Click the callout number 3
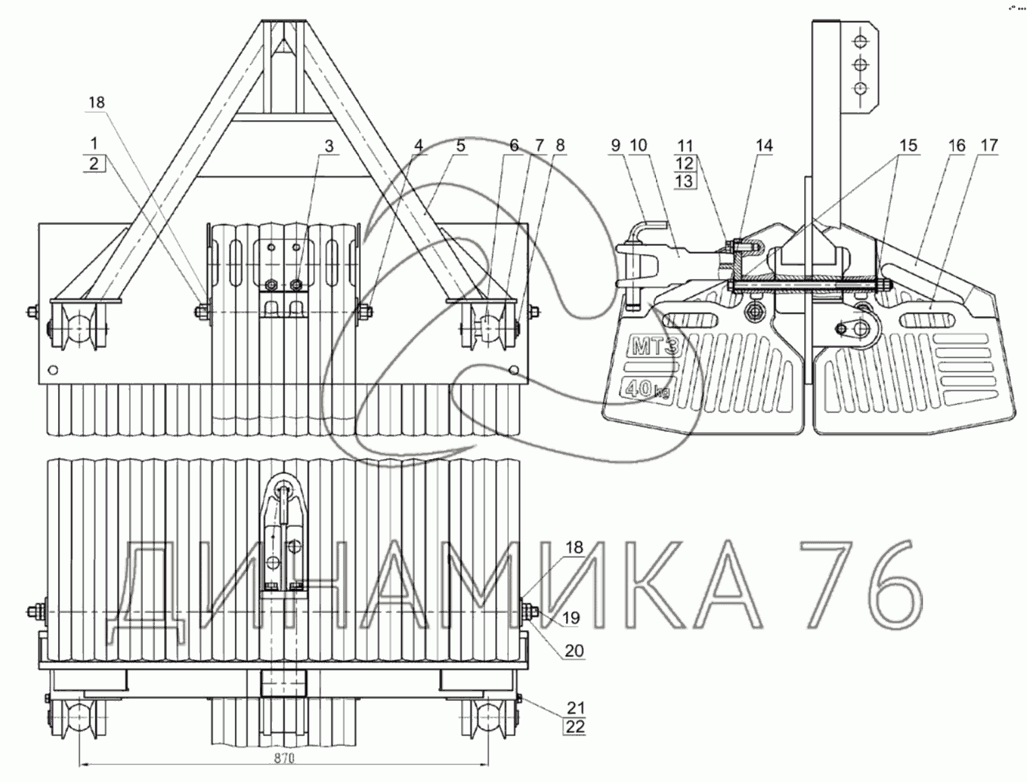coord(329,146)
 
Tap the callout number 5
coord(461,146)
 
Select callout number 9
coord(616,146)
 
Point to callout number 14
coord(764,146)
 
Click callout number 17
coord(989,146)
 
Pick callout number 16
coord(957,146)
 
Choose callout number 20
coord(574,651)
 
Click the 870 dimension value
coord(284,758)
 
